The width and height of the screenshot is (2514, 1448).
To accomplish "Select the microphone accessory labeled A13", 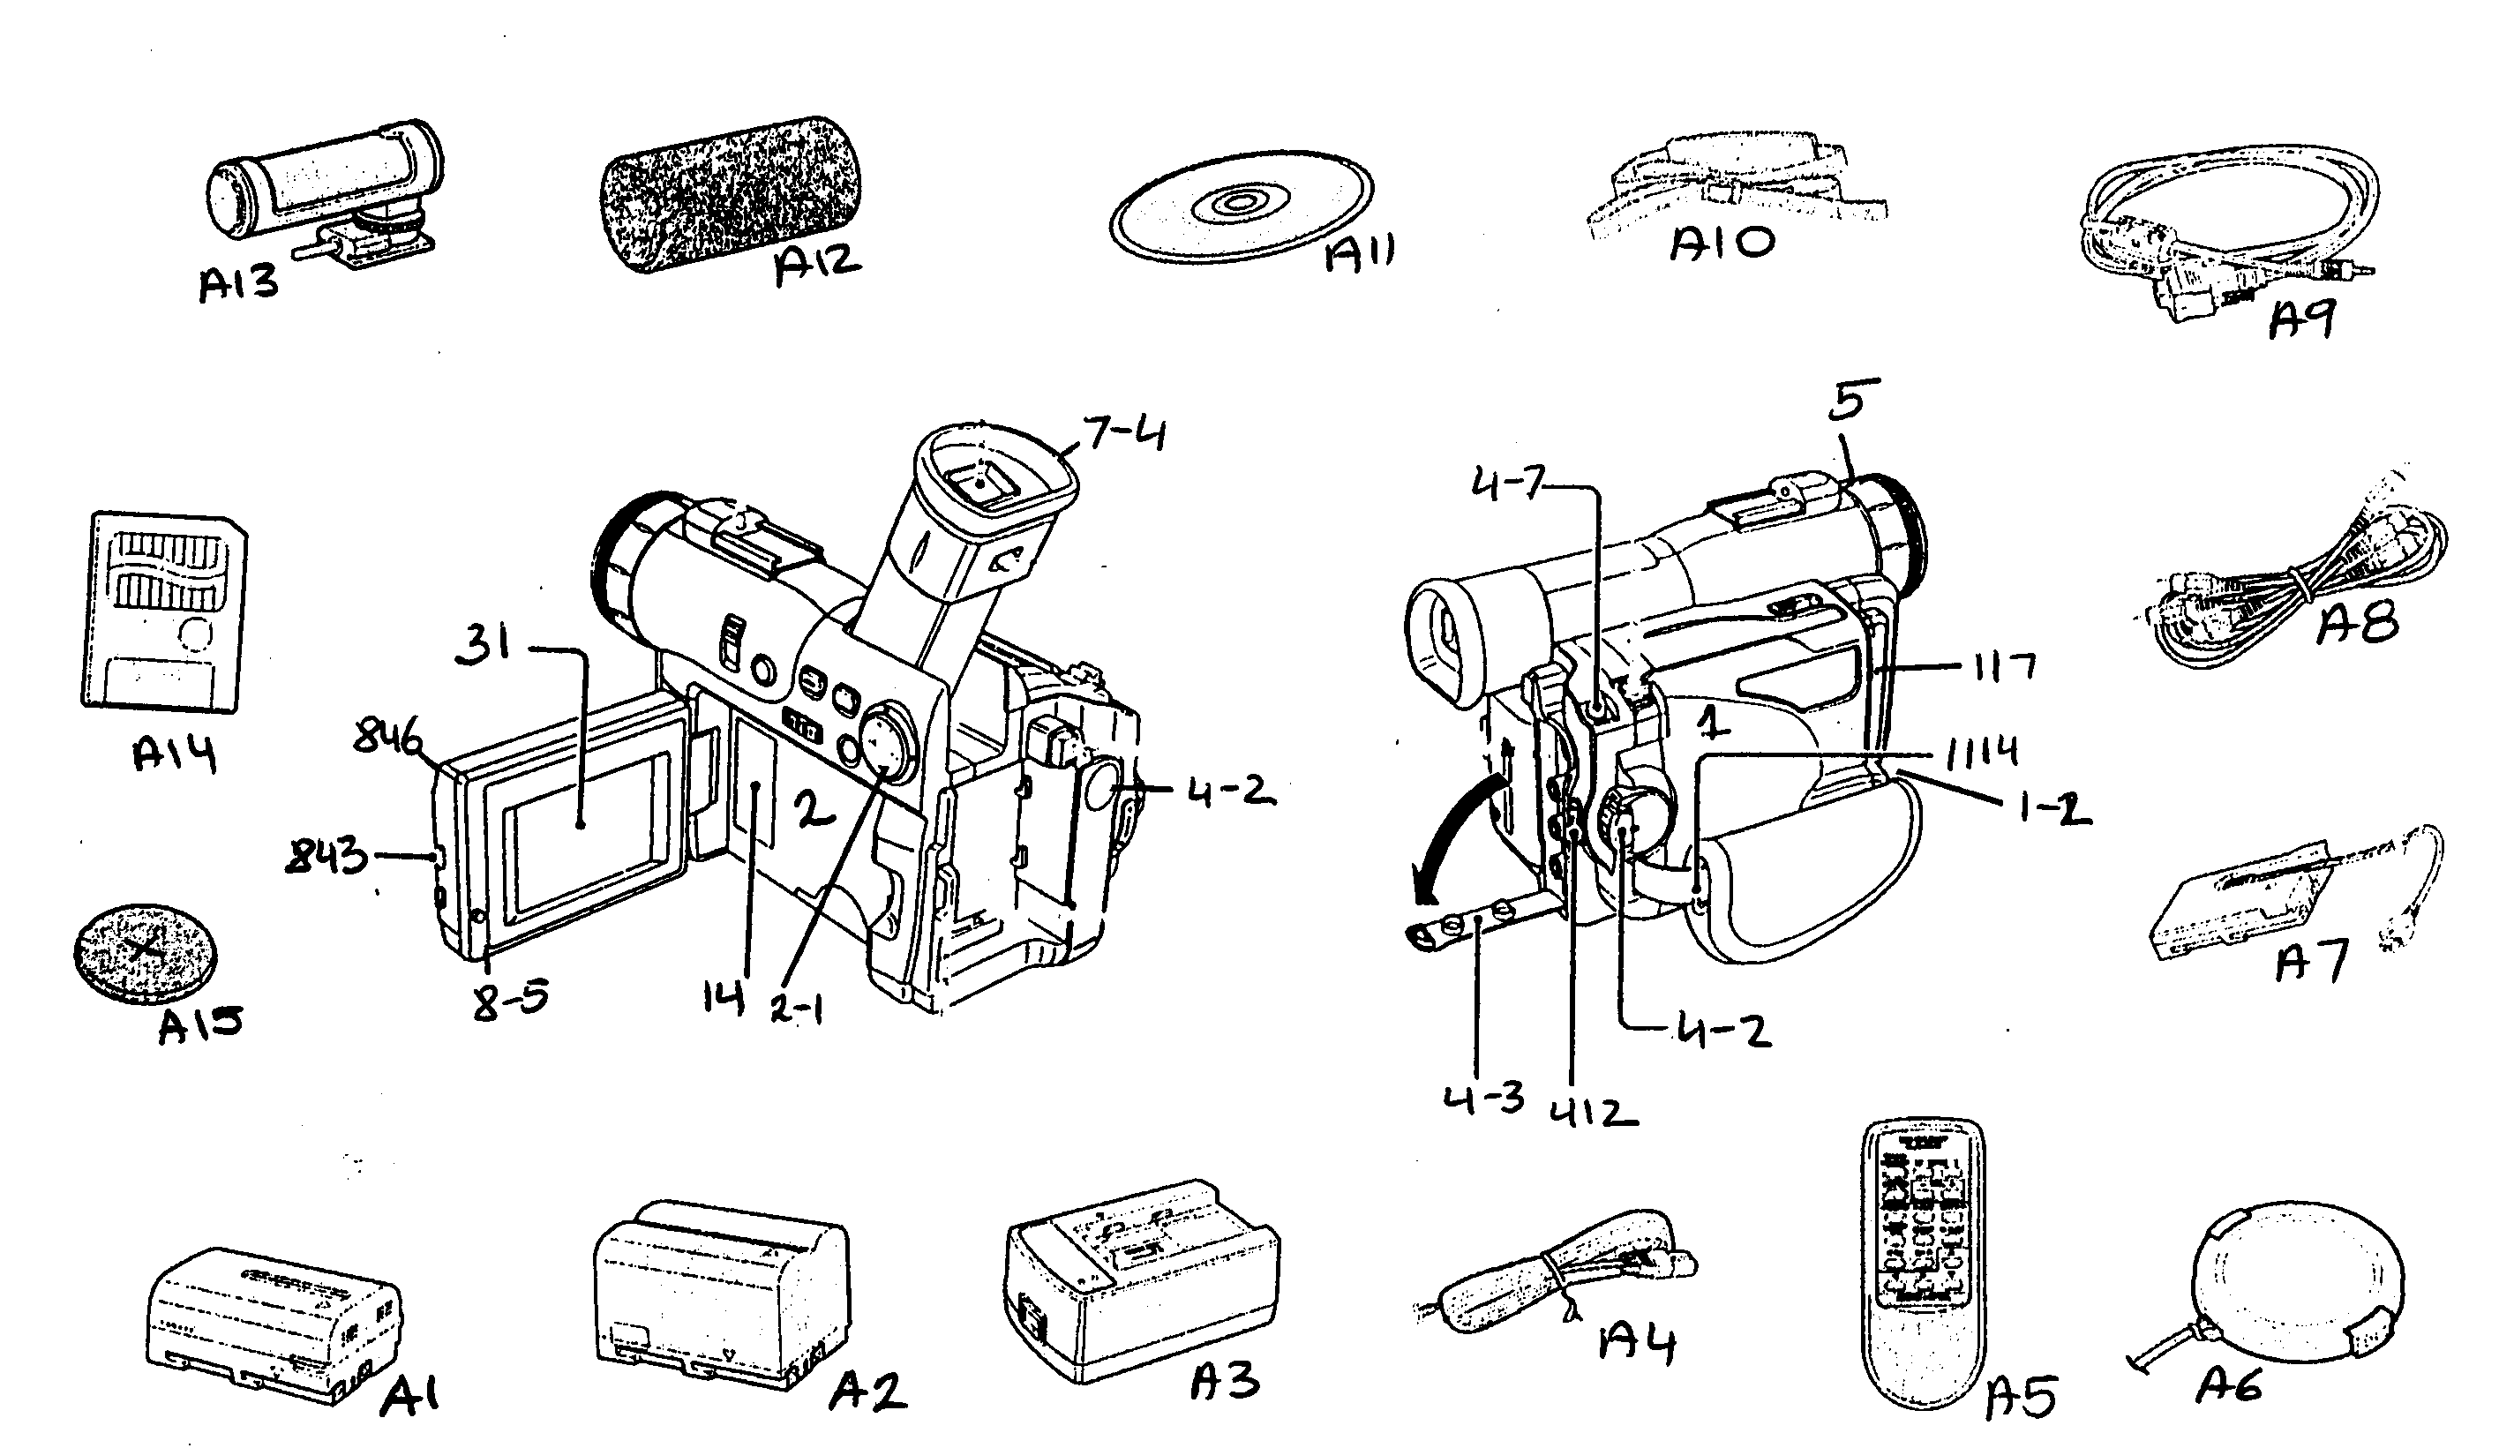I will click(323, 191).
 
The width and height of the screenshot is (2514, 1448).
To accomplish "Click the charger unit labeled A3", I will click(1142, 1278).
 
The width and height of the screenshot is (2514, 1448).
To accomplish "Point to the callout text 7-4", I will click(1125, 435).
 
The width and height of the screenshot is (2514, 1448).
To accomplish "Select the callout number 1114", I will click(1980, 750).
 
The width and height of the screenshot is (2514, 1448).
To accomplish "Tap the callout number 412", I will click(1592, 1111).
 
